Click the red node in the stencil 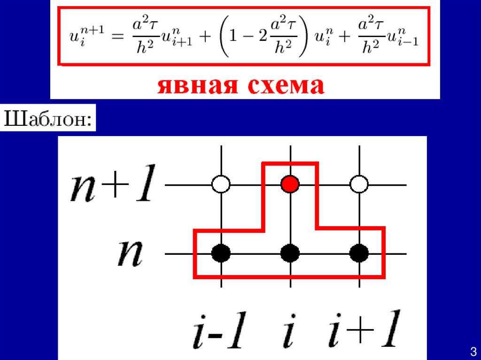pyautogui.click(x=290, y=184)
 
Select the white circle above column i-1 pyautogui.click(x=221, y=184)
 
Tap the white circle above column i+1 pyautogui.click(x=359, y=184)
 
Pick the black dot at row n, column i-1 pyautogui.click(x=221, y=253)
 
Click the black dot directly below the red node pyautogui.click(x=290, y=253)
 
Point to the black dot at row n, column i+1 pyautogui.click(x=359, y=253)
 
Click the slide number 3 pyautogui.click(x=473, y=351)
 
